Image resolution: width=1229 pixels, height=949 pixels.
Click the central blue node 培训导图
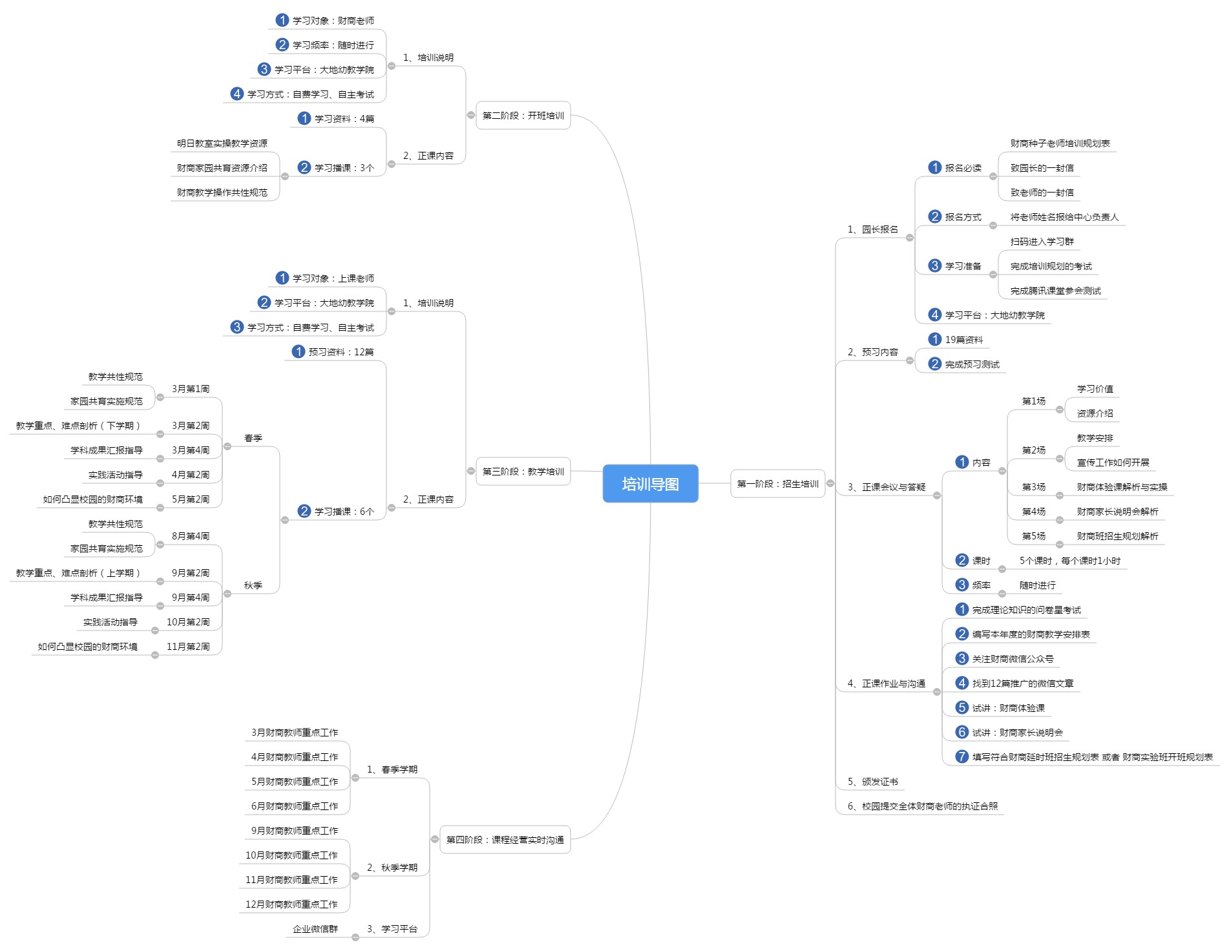pos(650,484)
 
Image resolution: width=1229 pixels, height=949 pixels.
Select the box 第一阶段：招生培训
pos(777,484)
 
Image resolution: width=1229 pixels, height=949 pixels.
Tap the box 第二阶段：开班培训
pos(523,116)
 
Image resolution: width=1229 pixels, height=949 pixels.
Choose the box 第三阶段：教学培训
pos(523,472)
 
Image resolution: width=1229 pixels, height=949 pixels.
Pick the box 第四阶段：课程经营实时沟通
pos(505,840)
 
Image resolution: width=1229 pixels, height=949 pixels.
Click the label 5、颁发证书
pos(872,782)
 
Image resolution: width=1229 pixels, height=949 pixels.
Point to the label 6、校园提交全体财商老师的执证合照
pos(922,806)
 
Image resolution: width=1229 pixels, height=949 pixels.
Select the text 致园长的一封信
pos(1042,168)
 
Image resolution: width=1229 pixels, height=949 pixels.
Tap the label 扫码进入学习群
pos(1042,242)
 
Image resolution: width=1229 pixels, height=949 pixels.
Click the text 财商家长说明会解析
pos(1117,512)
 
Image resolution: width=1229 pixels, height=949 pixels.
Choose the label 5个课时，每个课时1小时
pos(1069,561)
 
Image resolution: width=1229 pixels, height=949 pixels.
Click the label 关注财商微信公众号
pos(1013,659)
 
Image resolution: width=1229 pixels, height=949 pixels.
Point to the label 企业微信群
pos(315,929)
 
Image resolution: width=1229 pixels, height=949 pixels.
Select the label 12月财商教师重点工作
pos(291,904)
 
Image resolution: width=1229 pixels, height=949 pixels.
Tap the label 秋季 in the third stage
pos(253,585)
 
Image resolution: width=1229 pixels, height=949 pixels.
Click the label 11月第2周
pos(188,647)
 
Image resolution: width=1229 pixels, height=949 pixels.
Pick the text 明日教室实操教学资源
pos(222,143)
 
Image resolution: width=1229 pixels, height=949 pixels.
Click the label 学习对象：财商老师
pos(333,21)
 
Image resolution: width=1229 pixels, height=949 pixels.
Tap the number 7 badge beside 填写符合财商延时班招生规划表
pos(962,756)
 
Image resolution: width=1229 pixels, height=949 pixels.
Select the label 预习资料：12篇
pos(341,352)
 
